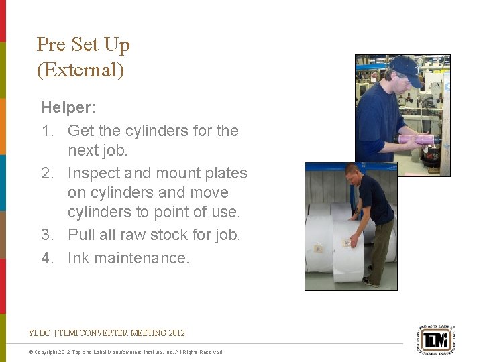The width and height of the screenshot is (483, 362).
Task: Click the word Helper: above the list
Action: [x=68, y=107]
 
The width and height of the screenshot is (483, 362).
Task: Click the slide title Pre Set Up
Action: [x=83, y=45]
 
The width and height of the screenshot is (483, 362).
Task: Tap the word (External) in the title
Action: [x=80, y=70]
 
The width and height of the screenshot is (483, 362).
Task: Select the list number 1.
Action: [x=48, y=131]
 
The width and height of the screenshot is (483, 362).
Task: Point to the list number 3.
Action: [x=48, y=235]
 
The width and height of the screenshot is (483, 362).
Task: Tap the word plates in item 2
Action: [x=224, y=173]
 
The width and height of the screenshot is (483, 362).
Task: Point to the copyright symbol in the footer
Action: [x=32, y=352]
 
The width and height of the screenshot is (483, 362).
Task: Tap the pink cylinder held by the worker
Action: [x=416, y=140]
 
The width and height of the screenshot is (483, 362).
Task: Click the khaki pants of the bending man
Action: [x=382, y=248]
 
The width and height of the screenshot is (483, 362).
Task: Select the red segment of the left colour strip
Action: [x=3, y=20]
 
